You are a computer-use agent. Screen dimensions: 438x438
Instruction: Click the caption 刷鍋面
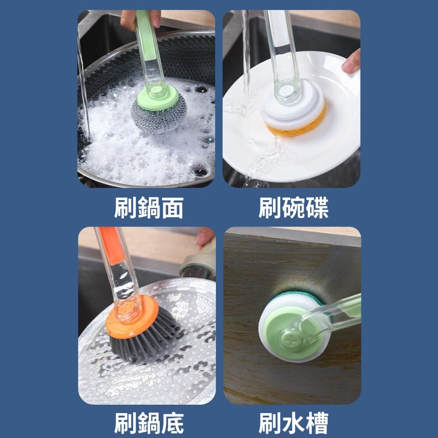click(148, 208)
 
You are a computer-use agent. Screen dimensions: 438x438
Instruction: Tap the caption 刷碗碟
click(293, 208)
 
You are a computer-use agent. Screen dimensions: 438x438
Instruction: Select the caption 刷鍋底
click(148, 423)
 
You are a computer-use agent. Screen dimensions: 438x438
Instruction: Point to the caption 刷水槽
click(293, 423)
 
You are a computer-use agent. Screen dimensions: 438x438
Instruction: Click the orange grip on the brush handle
click(111, 245)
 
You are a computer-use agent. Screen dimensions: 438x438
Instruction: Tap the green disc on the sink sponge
click(290, 332)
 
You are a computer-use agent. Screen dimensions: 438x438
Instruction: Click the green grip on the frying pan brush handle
click(146, 35)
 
